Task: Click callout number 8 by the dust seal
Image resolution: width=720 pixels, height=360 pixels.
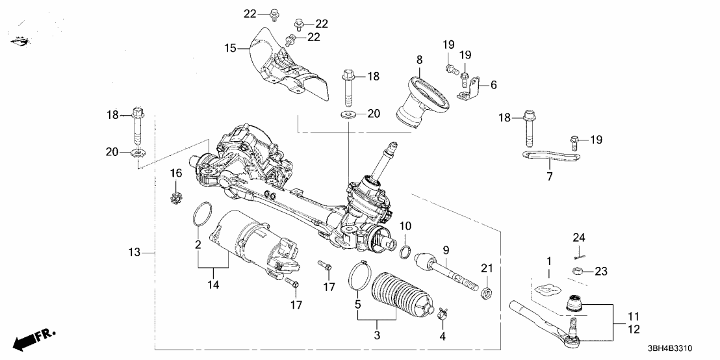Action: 419,60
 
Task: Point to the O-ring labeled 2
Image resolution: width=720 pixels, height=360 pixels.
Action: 202,213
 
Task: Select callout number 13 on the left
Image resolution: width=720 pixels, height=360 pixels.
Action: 134,251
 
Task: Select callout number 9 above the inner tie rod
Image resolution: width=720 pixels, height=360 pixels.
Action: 446,249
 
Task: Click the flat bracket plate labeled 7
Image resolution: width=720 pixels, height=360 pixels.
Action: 552,157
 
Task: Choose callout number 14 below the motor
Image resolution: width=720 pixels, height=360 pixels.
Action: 212,283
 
